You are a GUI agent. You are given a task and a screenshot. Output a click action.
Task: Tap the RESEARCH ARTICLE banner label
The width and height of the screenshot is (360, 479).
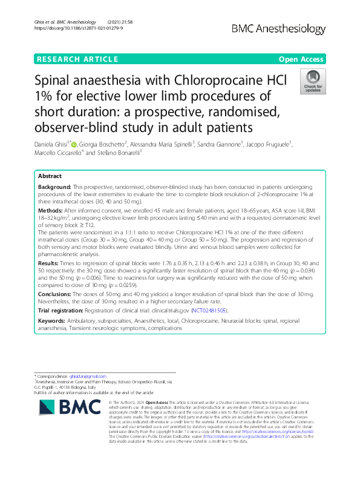coord(77,59)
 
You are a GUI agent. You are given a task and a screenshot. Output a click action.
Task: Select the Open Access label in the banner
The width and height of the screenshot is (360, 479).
coord(301,59)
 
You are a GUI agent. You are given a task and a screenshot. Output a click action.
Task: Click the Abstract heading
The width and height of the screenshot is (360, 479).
coord(50,175)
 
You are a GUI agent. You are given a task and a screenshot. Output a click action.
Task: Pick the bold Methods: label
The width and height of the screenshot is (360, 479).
coord(51,208)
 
